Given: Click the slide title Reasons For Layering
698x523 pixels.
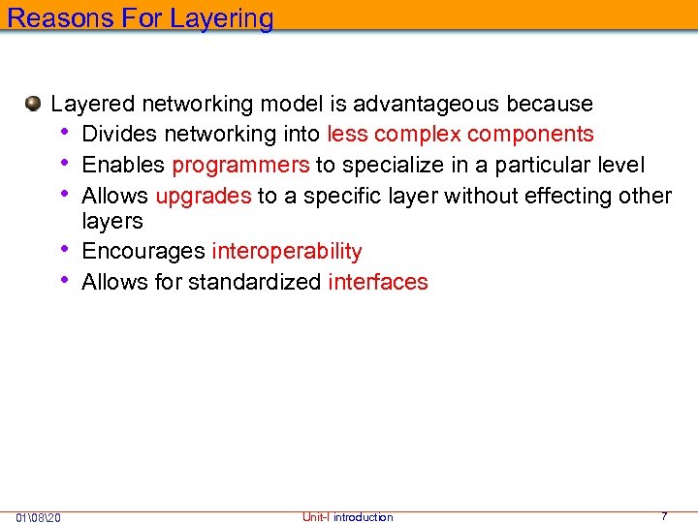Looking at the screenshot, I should pyautogui.click(x=141, y=17).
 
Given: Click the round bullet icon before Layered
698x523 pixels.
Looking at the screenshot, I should pyautogui.click(x=34, y=103).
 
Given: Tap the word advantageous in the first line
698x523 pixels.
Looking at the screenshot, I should pyautogui.click(x=428, y=104).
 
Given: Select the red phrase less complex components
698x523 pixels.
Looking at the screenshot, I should pyautogui.click(x=460, y=134).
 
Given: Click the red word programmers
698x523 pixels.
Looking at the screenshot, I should pyautogui.click(x=240, y=165).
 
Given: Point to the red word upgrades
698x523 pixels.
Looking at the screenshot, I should pyautogui.click(x=203, y=196).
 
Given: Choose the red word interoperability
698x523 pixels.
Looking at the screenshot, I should pyautogui.click(x=286, y=252).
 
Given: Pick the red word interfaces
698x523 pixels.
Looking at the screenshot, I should pyautogui.click(x=377, y=282).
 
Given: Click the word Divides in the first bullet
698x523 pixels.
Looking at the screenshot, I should pyautogui.click(x=117, y=134).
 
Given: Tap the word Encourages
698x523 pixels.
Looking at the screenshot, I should pyautogui.click(x=143, y=252).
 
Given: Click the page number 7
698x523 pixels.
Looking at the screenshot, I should pyautogui.click(x=664, y=516).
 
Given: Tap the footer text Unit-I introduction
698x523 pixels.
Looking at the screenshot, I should pyautogui.click(x=347, y=517).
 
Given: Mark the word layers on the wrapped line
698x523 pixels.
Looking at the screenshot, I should pyautogui.click(x=111, y=222).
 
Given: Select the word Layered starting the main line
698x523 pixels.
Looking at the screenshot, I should pyautogui.click(x=92, y=104).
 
